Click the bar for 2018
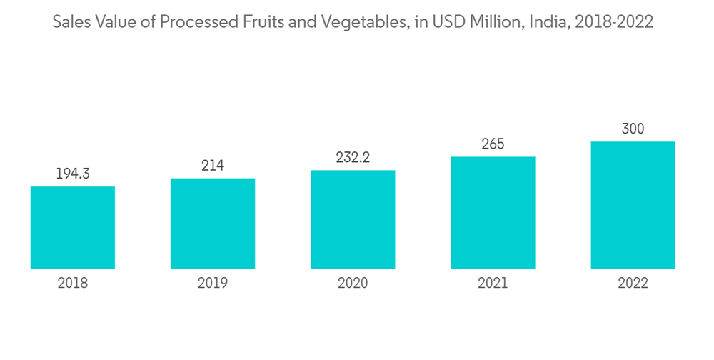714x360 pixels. click(x=73, y=227)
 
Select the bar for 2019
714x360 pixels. click(x=213, y=223)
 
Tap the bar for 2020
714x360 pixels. click(x=353, y=219)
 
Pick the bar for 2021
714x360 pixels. click(x=493, y=212)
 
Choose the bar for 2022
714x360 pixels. click(x=633, y=205)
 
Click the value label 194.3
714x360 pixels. click(x=73, y=174)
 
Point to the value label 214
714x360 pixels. click(x=213, y=166)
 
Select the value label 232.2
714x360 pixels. click(x=353, y=158)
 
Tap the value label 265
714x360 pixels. click(x=493, y=144)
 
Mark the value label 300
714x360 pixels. click(x=633, y=129)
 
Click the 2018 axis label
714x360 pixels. click(x=73, y=284)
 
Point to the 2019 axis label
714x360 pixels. click(x=213, y=284)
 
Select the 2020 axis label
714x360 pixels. click(x=353, y=284)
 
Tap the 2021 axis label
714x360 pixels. click(x=493, y=284)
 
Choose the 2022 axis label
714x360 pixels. click(x=633, y=284)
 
